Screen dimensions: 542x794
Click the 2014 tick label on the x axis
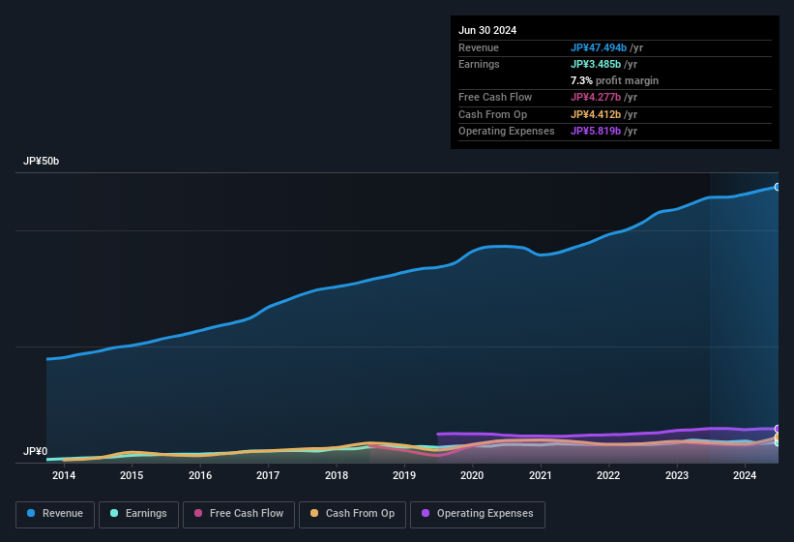(x=64, y=475)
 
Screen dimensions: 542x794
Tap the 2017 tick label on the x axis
(x=268, y=475)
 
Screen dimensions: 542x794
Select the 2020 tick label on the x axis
(x=472, y=475)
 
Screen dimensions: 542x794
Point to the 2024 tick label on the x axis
(x=745, y=475)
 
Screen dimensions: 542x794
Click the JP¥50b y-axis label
(x=42, y=162)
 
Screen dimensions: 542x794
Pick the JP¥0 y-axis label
(x=35, y=452)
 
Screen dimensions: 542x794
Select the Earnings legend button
(x=139, y=514)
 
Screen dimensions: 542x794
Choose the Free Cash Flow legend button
(x=239, y=514)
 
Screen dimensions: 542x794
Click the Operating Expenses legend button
(x=478, y=514)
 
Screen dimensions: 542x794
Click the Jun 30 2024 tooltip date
(x=487, y=30)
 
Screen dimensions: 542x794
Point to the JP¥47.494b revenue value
(x=600, y=47)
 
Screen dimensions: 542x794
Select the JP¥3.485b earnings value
(x=596, y=64)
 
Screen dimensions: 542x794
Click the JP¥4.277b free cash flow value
(x=596, y=97)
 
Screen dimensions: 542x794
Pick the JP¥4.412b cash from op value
(x=596, y=114)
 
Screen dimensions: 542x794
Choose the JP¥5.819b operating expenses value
(x=596, y=131)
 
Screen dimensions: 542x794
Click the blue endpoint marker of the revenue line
(x=778, y=187)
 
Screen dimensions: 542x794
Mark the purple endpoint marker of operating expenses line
(x=778, y=429)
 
